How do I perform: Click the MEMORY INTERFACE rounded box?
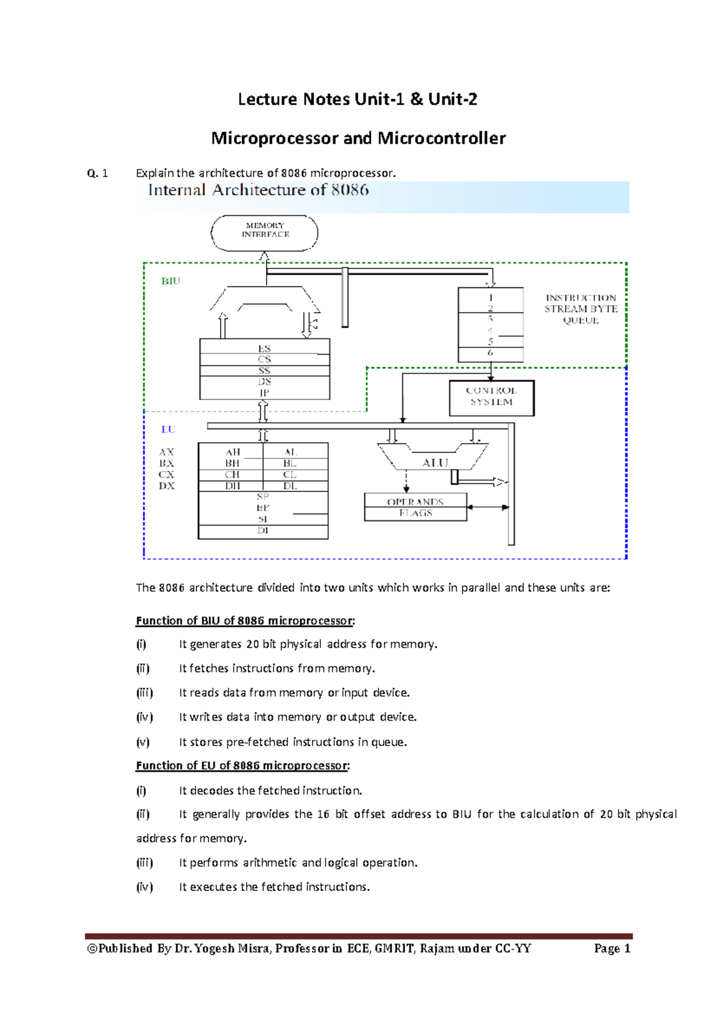pyautogui.click(x=265, y=233)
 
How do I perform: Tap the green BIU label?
pyautogui.click(x=171, y=281)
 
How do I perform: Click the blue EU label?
pyautogui.click(x=168, y=429)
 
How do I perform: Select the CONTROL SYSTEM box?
pyautogui.click(x=491, y=397)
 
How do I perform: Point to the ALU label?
pyautogui.click(x=435, y=463)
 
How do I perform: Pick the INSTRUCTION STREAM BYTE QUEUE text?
pyautogui.click(x=580, y=309)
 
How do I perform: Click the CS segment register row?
pyautogui.click(x=264, y=359)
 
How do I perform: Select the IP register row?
pyautogui.click(x=264, y=393)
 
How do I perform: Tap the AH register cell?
pyautogui.click(x=232, y=452)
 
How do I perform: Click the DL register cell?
pyautogui.click(x=290, y=486)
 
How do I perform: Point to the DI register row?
pyautogui.click(x=263, y=531)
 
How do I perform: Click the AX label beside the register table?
pyautogui.click(x=167, y=452)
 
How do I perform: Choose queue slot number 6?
pyautogui.click(x=491, y=353)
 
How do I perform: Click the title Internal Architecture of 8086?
pyautogui.click(x=259, y=190)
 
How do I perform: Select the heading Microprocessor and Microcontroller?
pyautogui.click(x=358, y=138)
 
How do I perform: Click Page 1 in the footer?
pyautogui.click(x=612, y=948)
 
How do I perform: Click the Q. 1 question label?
pyautogui.click(x=97, y=173)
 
